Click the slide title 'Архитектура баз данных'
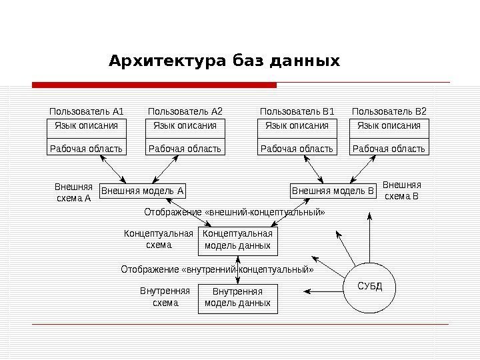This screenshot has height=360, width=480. pyautogui.click(x=224, y=62)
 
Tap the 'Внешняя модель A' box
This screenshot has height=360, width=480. pyautogui.click(x=142, y=191)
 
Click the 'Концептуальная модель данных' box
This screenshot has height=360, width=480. pyautogui.click(x=237, y=240)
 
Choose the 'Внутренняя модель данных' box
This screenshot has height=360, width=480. pyautogui.click(x=237, y=297)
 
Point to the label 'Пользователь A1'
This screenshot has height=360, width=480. pyautogui.click(x=87, y=111)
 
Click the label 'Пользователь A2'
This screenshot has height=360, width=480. pyautogui.click(x=185, y=111)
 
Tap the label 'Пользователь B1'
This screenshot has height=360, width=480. pyautogui.click(x=297, y=111)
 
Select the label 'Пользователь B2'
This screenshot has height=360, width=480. pyautogui.click(x=389, y=111)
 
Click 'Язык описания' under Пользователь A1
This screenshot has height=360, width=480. pyautogui.click(x=86, y=126)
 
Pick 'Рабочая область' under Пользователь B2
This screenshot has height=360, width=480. pyautogui.click(x=389, y=148)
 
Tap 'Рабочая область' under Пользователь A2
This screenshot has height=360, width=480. pyautogui.click(x=185, y=148)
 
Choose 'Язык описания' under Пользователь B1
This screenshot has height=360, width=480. pyautogui.click(x=297, y=126)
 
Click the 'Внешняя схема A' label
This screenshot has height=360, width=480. pyautogui.click(x=73, y=192)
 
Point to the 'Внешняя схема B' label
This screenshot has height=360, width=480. pyautogui.click(x=402, y=191)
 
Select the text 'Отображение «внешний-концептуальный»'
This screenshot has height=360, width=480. pyautogui.click(x=235, y=213)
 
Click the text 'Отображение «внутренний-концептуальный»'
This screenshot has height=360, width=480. pyautogui.click(x=217, y=270)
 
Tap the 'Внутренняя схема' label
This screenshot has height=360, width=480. pyautogui.click(x=165, y=297)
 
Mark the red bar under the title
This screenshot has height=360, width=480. pyautogui.click(x=154, y=85)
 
